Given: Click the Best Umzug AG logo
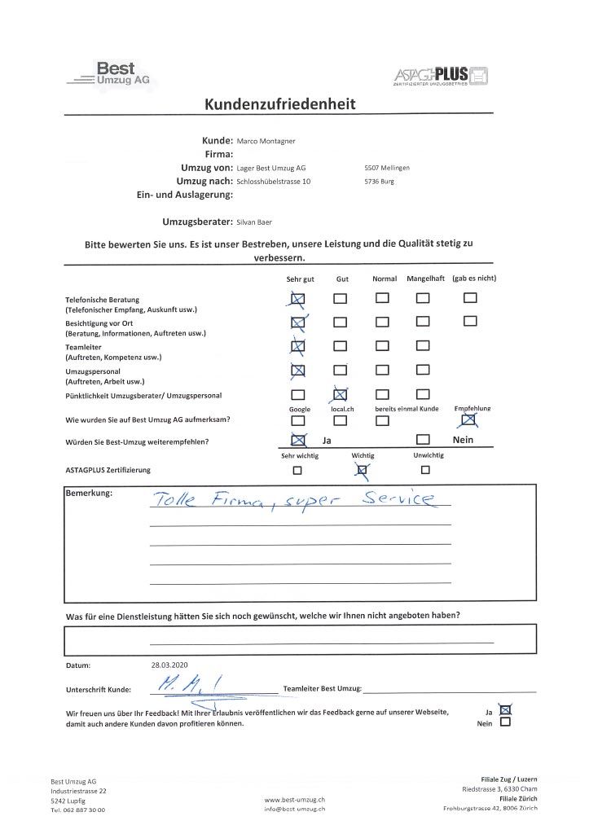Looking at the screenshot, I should (112, 75).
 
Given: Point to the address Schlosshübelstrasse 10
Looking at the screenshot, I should (273, 181).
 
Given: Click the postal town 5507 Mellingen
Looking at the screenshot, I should (387, 168).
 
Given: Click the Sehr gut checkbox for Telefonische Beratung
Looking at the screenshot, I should (298, 300).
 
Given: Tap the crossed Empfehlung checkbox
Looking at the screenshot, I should (468, 420).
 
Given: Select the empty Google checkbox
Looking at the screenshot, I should (298, 420).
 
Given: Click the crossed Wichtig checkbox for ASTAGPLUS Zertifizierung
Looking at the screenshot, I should (363, 469).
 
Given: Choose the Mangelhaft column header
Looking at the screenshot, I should (424, 279).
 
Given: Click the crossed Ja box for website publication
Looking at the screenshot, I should (506, 709).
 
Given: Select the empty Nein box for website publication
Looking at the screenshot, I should (506, 722).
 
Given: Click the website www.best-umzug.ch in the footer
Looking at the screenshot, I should (295, 801).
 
